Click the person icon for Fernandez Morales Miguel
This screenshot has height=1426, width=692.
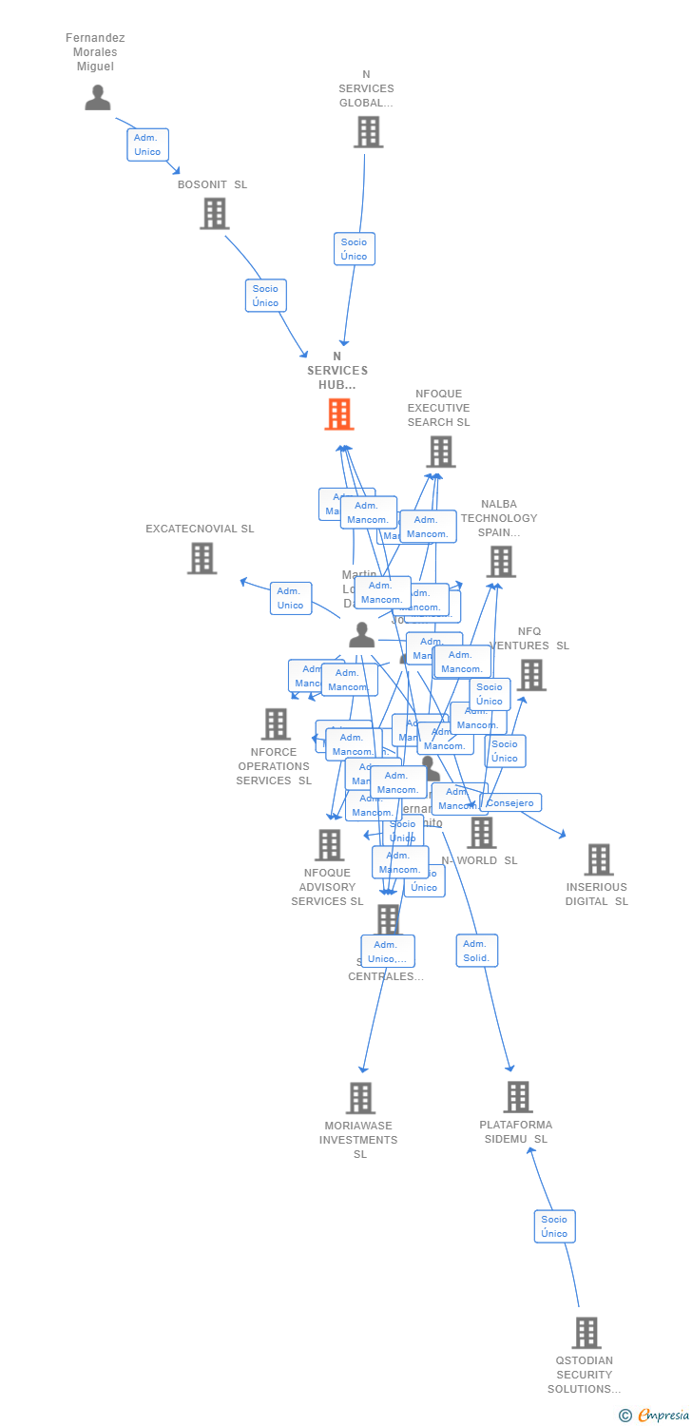coord(98,97)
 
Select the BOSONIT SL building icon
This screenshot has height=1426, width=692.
coord(215,214)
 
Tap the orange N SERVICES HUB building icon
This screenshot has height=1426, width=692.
coord(339,414)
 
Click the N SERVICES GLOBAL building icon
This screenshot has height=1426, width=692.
coord(369,132)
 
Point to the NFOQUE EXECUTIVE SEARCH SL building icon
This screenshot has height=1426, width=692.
coord(441,452)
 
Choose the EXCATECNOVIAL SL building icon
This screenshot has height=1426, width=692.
coord(202,558)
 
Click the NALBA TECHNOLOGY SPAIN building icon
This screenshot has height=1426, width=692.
coord(501,562)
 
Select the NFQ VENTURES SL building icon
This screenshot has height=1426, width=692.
coord(531,675)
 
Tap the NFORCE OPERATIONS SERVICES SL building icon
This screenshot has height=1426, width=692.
coord(276,724)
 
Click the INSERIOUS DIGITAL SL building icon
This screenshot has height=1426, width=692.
coord(599,859)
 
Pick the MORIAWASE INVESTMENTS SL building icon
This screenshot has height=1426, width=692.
coord(360,1098)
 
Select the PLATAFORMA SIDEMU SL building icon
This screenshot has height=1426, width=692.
coord(518,1097)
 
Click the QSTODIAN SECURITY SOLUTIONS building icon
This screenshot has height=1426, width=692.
coord(586,1333)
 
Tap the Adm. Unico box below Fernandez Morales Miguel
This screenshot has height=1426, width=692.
coord(147,145)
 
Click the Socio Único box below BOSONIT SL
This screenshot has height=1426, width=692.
coord(266,296)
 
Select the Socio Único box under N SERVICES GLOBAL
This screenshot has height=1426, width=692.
coord(355,249)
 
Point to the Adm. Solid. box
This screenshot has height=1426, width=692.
coord(476,951)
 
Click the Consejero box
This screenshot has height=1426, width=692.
coord(510,803)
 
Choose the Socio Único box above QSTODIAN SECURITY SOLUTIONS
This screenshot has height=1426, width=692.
coord(554,1226)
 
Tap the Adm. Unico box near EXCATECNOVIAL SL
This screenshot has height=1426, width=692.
coord(290,598)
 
